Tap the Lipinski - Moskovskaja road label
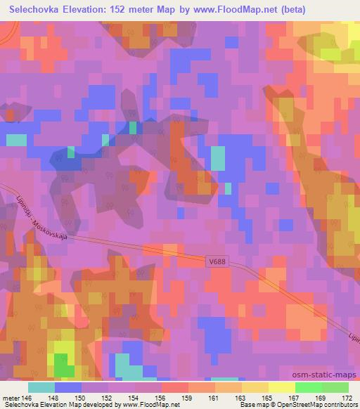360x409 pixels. coord(44,217)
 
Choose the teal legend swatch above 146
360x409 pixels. coord(41,387)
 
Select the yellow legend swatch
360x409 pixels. coord(282,387)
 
